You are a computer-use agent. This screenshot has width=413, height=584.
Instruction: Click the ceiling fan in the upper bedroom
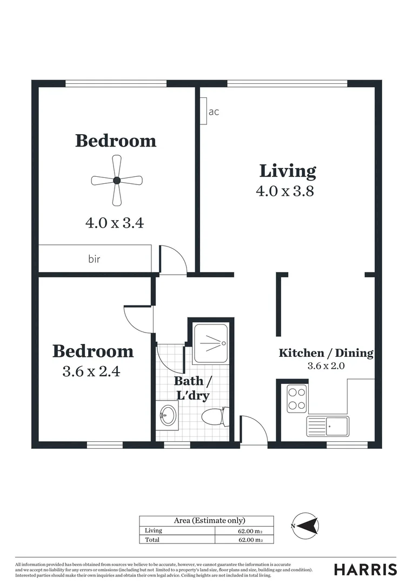[x=116, y=181]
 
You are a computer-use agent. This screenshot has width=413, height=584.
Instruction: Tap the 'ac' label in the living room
[x=214, y=112]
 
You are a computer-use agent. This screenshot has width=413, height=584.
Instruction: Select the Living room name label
[x=287, y=171]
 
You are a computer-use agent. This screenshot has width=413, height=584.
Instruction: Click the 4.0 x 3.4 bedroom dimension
[x=115, y=223]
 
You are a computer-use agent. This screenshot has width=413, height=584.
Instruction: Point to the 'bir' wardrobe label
[x=94, y=259]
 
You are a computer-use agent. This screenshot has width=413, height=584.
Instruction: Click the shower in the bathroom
[x=211, y=343]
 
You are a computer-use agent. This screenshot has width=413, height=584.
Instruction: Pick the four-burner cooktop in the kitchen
[x=296, y=398]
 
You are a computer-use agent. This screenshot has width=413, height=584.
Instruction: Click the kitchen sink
[x=328, y=426]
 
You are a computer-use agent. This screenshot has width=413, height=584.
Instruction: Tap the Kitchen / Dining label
[x=325, y=353]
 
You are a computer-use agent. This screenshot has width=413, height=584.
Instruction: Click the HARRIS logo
[x=365, y=569]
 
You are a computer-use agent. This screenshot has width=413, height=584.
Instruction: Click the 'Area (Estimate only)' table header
[x=206, y=521]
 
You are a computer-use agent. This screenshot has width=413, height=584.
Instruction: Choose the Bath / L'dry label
[x=193, y=388]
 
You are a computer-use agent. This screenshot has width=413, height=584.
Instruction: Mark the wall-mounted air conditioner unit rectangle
[x=203, y=111]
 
